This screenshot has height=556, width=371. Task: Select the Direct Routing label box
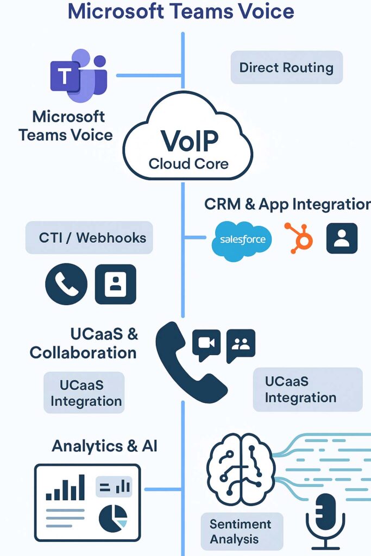[286, 68]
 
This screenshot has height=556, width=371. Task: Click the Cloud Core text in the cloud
[188, 163]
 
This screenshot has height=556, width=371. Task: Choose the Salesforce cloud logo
[242, 239]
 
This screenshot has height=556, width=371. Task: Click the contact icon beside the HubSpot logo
[342, 238]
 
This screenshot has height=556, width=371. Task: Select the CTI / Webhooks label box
[89, 237]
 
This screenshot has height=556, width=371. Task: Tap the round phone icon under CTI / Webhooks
[66, 284]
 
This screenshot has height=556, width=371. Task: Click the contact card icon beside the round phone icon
[115, 284]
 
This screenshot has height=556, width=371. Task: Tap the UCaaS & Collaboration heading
[84, 343]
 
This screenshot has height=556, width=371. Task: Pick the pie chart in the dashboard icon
[113, 518]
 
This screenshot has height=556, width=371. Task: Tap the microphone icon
[325, 519]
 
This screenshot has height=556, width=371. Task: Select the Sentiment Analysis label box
[241, 532]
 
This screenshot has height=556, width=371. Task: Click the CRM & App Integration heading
[287, 204]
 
